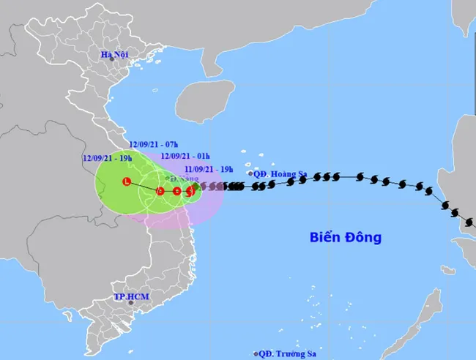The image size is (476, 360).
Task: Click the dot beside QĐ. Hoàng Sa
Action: pos(250,174)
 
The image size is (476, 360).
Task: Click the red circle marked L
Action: pos(127,181)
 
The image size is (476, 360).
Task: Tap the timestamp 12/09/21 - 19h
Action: pos(107,158)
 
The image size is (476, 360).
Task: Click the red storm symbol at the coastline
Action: pos(190,192)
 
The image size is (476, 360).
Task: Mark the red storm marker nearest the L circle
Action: pos(160,190)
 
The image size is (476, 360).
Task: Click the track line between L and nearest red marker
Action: pos(143,186)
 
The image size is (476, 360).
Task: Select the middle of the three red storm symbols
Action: pos(176,192)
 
